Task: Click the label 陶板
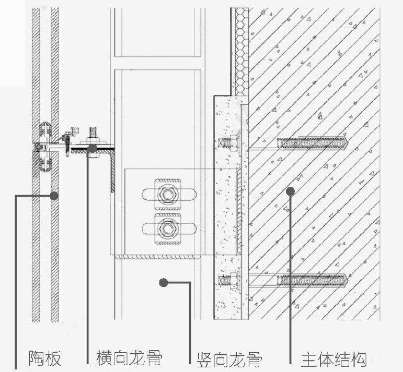pyautogui.click(x=45, y=358)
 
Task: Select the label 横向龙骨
pyautogui.click(x=129, y=357)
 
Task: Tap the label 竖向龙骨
pyautogui.click(x=229, y=360)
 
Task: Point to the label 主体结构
pyautogui.click(x=333, y=360)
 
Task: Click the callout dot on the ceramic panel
pyautogui.click(x=54, y=196)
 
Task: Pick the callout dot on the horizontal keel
pyautogui.click(x=92, y=148)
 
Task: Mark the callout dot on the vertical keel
pyautogui.click(x=164, y=283)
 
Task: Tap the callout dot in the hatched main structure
pyautogui.click(x=291, y=191)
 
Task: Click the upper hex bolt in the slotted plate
pyautogui.click(x=168, y=194)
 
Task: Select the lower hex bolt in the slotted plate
pyautogui.click(x=168, y=229)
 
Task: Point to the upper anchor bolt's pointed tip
pyautogui.click(x=348, y=142)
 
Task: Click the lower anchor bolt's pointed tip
pyautogui.click(x=348, y=280)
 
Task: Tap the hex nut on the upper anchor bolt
pyautogui.click(x=234, y=142)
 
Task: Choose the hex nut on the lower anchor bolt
pyautogui.click(x=234, y=280)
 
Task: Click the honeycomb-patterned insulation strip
pyautogui.click(x=240, y=52)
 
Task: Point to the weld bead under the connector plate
pyautogui.click(x=158, y=257)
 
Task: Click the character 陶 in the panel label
pyautogui.click(x=36, y=358)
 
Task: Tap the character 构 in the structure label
pyautogui.click(x=359, y=360)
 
